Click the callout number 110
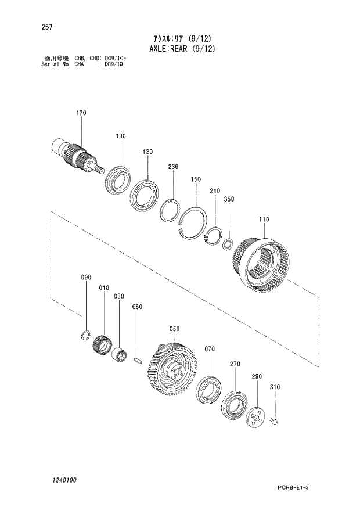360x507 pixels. (264, 220)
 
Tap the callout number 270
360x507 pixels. (234, 364)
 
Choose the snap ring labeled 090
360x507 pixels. (84, 335)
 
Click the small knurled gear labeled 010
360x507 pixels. (102, 347)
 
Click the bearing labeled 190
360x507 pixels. (118, 178)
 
